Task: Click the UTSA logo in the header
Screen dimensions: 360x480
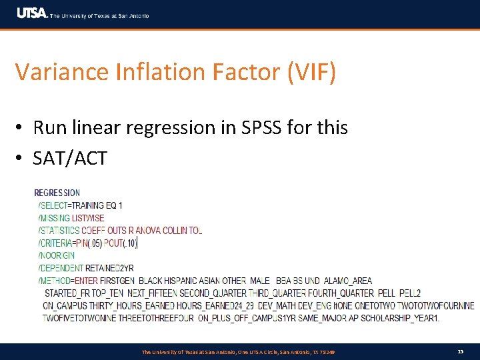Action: point(31,13)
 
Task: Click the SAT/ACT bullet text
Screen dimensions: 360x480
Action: point(70,159)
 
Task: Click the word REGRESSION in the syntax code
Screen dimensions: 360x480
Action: point(57,193)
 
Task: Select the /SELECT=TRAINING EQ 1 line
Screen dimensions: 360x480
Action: point(80,205)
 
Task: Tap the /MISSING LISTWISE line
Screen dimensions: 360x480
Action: point(71,218)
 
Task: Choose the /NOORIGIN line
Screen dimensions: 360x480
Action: point(57,255)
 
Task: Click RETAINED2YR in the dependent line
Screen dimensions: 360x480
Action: point(111,268)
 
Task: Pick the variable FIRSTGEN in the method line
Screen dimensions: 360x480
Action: point(117,281)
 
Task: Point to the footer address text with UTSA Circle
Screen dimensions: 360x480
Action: point(238,352)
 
